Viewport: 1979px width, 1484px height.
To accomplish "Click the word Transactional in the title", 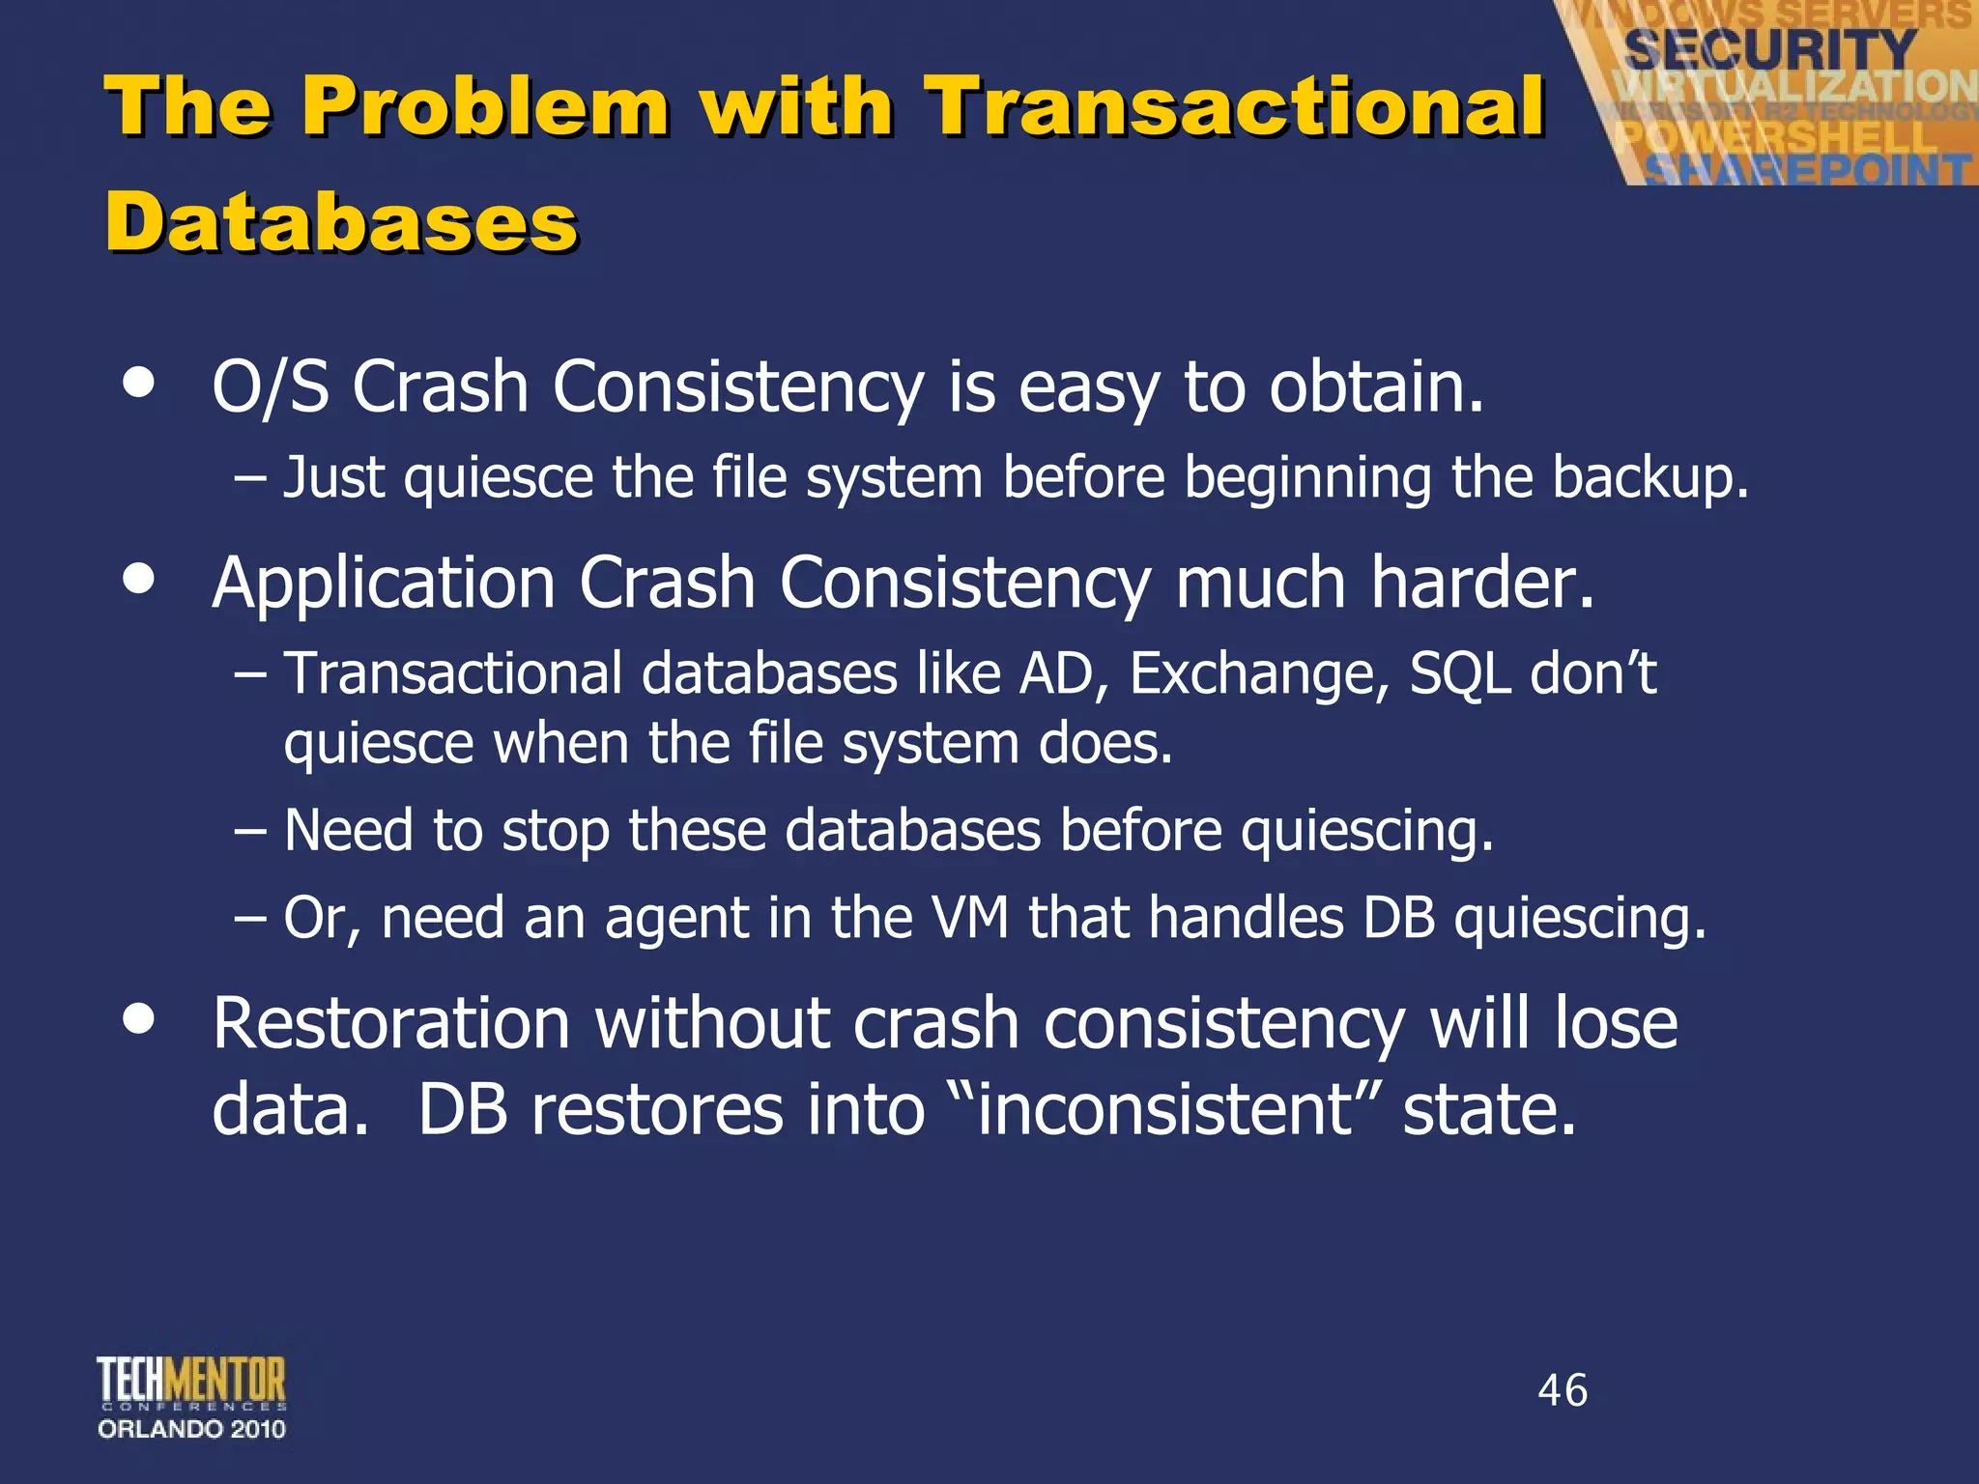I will click(1234, 106).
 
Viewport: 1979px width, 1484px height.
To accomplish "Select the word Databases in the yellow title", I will click(341, 222).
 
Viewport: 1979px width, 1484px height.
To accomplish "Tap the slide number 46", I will click(1563, 1390).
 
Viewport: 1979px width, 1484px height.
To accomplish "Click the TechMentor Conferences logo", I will click(191, 1383).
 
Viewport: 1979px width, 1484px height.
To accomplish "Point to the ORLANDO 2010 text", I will click(191, 1429).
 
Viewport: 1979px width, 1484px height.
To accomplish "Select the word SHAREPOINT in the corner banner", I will click(1807, 170).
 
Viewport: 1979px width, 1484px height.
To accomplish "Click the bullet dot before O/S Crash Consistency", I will click(139, 382).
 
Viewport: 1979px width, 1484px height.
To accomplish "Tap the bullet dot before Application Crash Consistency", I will click(139, 579).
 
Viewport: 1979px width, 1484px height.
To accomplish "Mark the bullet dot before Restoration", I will click(139, 1018).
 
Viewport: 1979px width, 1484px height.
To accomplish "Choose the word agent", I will click(676, 919).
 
